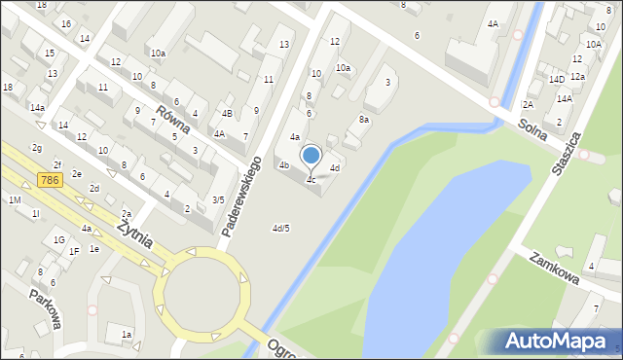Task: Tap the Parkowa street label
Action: [47, 306]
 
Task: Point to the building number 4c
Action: [311, 180]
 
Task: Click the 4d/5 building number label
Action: [280, 229]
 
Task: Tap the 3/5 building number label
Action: [219, 199]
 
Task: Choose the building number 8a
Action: [364, 119]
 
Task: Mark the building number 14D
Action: [556, 79]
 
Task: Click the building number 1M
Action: [15, 199]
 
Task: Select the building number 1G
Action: [59, 239]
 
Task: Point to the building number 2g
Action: [36, 148]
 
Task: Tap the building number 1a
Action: [126, 335]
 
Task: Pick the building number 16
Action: [65, 23]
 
